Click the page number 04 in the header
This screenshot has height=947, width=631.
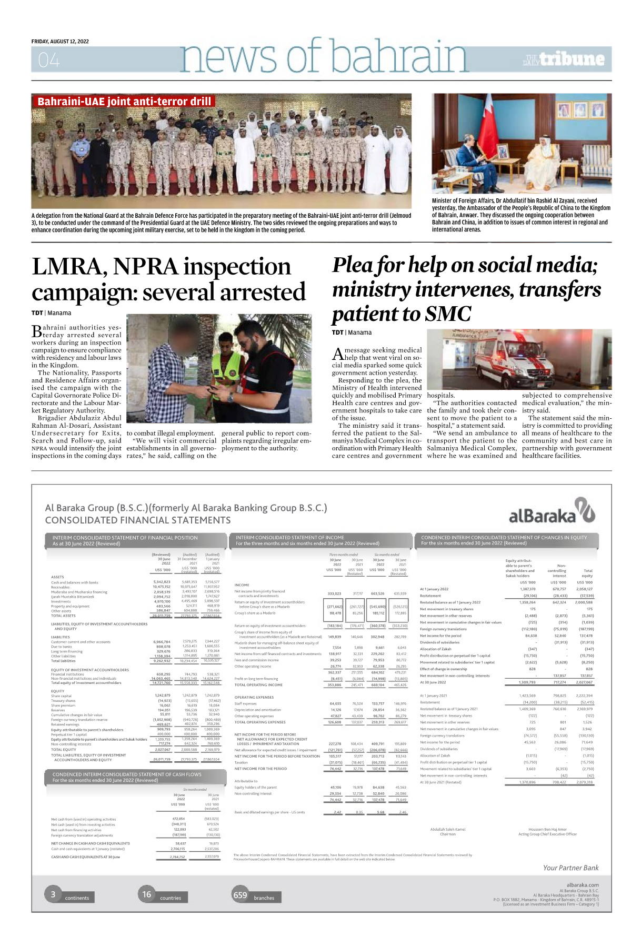(x=48, y=61)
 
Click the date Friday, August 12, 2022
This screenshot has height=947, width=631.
(x=60, y=42)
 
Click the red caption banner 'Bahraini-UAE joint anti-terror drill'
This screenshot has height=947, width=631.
(x=124, y=101)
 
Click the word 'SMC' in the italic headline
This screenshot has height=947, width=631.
(x=448, y=314)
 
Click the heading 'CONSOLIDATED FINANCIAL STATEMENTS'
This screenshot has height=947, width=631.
(x=138, y=520)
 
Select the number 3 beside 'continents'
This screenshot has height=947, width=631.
(x=53, y=894)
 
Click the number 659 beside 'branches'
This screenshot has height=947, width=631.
(x=240, y=895)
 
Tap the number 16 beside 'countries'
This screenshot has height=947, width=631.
(x=146, y=894)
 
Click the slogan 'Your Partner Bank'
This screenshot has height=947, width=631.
(x=570, y=868)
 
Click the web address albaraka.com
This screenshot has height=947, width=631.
(x=583, y=885)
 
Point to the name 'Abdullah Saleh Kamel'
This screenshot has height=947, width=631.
(x=447, y=829)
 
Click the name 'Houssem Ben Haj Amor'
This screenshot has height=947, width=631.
(x=547, y=829)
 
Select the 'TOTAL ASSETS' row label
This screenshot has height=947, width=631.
(x=63, y=616)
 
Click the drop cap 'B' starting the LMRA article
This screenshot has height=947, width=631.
(x=36, y=331)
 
